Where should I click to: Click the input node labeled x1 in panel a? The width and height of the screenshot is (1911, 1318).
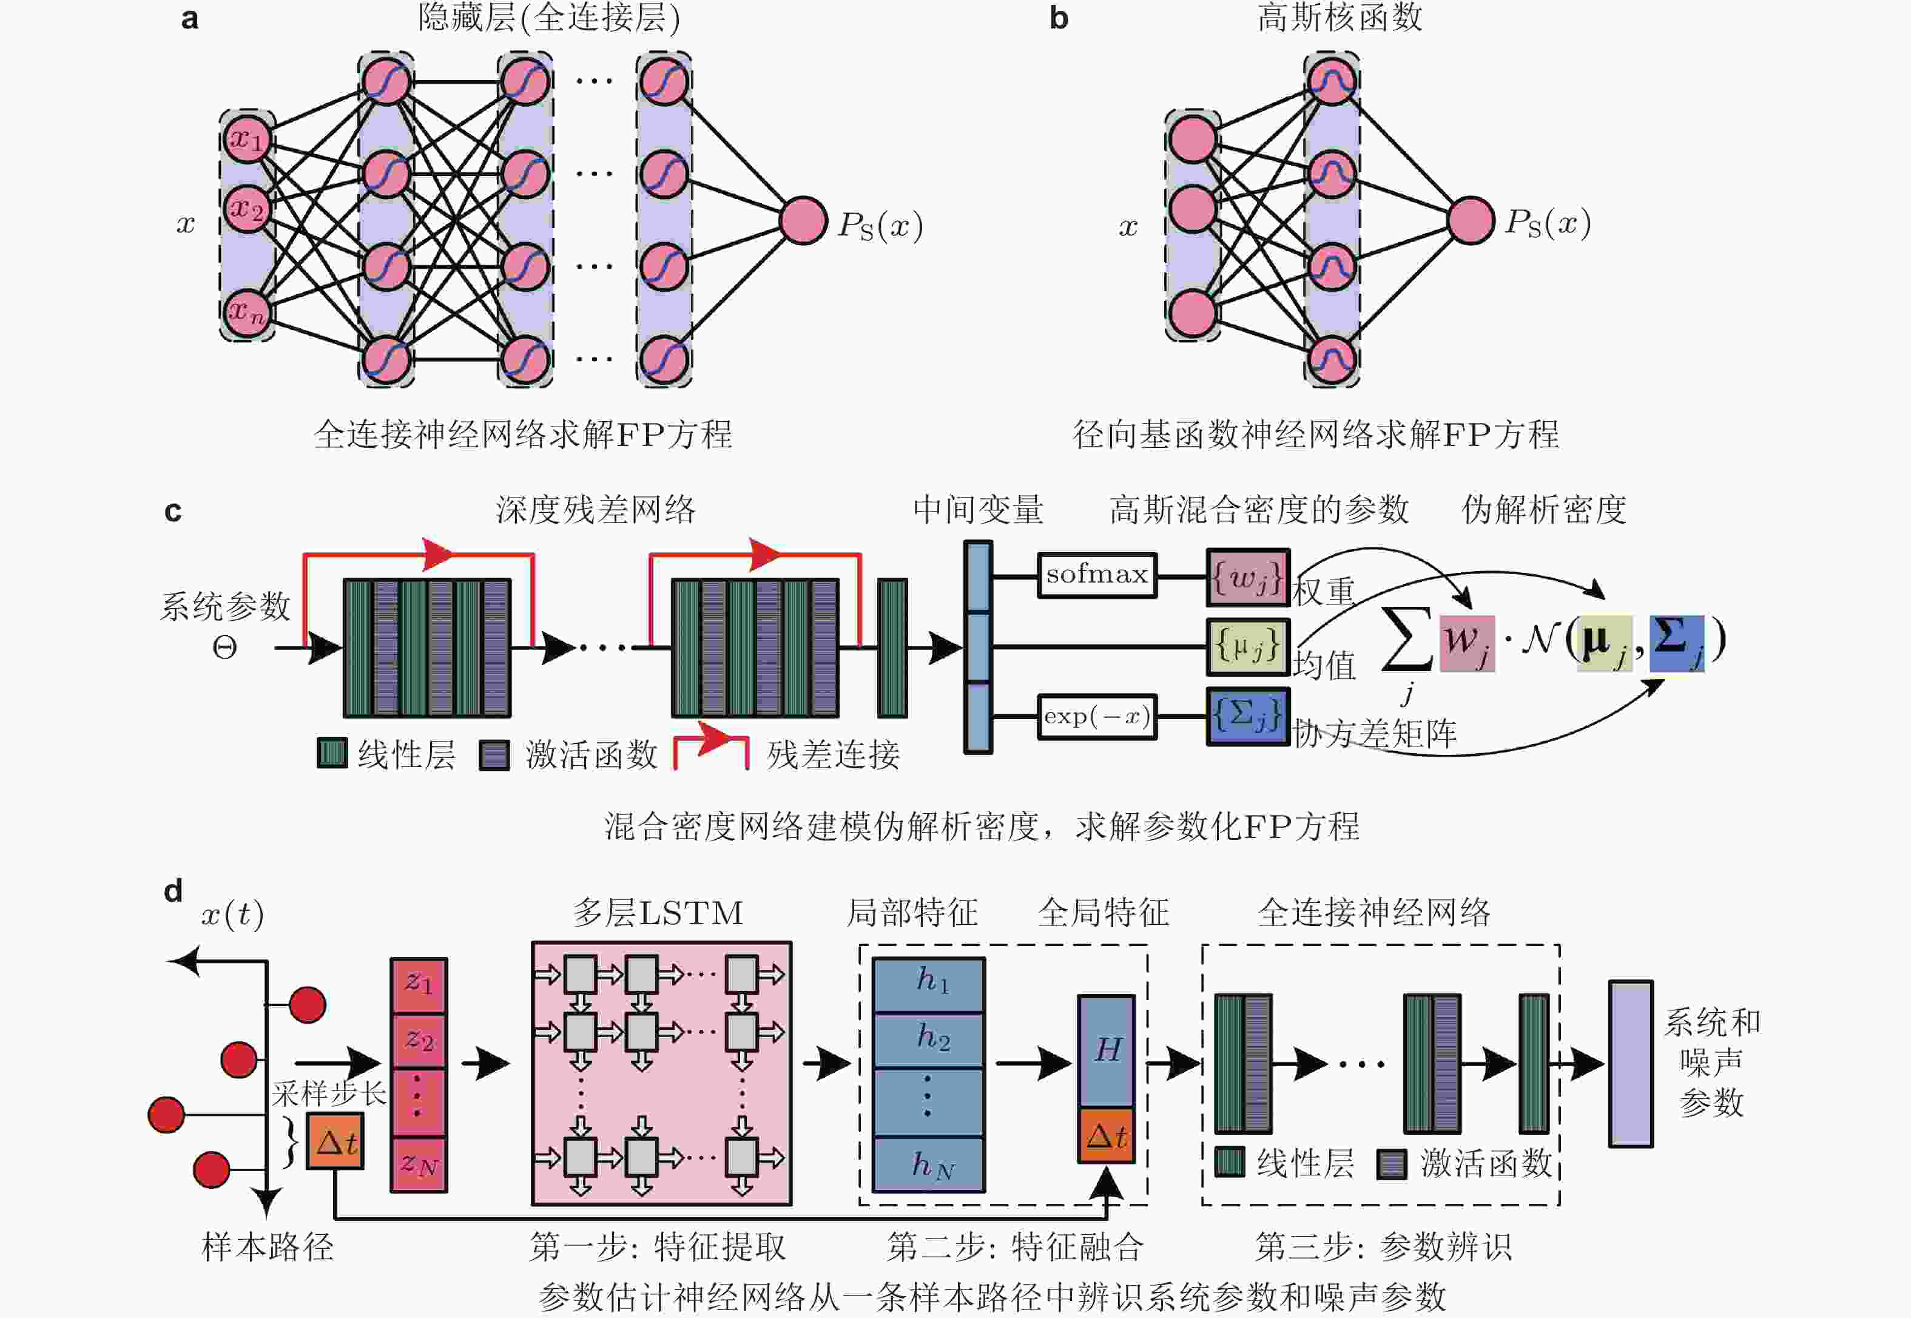pyautogui.click(x=247, y=138)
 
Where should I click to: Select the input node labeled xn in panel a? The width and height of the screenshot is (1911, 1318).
pyautogui.click(x=247, y=312)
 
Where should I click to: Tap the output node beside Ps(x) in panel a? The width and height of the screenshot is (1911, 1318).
pyautogui.click(x=803, y=220)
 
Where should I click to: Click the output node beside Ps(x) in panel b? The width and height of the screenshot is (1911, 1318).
pyautogui.click(x=1470, y=220)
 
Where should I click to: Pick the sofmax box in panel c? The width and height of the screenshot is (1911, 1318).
pyautogui.click(x=1096, y=575)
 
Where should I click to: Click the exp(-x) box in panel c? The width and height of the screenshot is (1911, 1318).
pyautogui.click(x=1096, y=716)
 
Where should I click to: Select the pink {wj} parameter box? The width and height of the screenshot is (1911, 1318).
pyautogui.click(x=1247, y=577)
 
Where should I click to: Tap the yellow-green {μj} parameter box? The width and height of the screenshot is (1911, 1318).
pyautogui.click(x=1247, y=647)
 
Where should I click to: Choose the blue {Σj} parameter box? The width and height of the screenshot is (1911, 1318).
pyautogui.click(x=1247, y=716)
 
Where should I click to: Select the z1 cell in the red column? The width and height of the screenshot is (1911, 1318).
pyautogui.click(x=419, y=984)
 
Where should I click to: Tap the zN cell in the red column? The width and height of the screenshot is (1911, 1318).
pyautogui.click(x=419, y=1164)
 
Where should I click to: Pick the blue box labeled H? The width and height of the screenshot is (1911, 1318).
pyautogui.click(x=1106, y=1050)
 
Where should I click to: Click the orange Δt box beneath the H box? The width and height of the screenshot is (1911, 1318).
pyautogui.click(x=1106, y=1137)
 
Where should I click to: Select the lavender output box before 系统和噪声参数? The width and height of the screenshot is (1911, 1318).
pyautogui.click(x=1630, y=1064)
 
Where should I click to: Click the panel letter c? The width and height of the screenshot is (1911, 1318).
pyautogui.click(x=172, y=511)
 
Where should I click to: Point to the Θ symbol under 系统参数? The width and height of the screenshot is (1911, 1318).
pyautogui.click(x=224, y=647)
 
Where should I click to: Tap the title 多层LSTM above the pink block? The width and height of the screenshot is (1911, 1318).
pyautogui.click(x=658, y=913)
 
